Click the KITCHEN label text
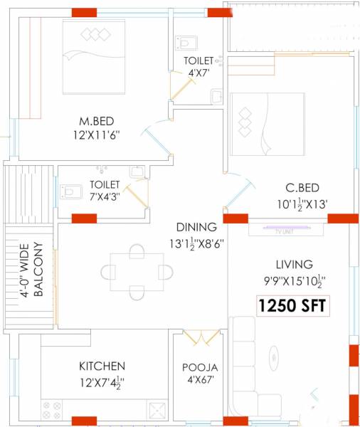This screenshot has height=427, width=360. (x=102, y=366)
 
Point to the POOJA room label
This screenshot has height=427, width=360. (x=200, y=367)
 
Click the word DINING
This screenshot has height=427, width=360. (x=196, y=228)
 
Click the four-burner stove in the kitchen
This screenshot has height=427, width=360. (x=53, y=410)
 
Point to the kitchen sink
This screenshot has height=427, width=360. (x=157, y=409)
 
